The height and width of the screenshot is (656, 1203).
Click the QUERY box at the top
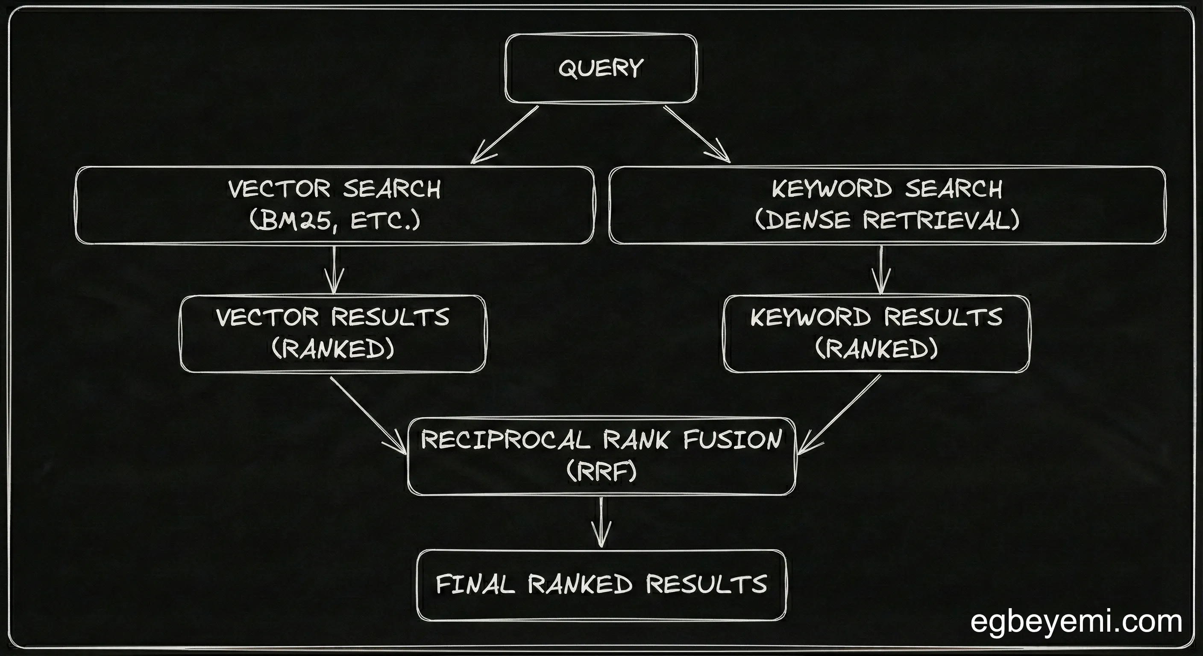click(x=601, y=68)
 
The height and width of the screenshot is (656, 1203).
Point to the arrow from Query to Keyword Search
click(x=697, y=135)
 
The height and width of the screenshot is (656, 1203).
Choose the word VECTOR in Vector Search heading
click(x=279, y=189)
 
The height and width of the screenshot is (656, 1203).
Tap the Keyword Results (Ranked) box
click(x=877, y=334)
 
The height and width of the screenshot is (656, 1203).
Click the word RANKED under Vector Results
click(x=333, y=349)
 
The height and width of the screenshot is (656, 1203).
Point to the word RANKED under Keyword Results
click(x=877, y=349)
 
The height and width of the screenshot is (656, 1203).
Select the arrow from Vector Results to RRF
click(x=369, y=416)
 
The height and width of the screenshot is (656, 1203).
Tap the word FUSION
click(x=732, y=440)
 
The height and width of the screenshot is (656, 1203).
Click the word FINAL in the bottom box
click(x=475, y=585)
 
